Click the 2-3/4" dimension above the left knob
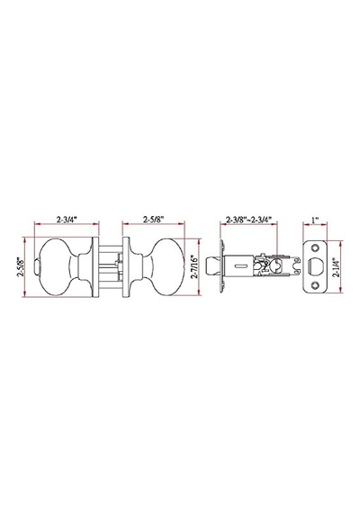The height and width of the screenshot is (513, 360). click(x=67, y=220)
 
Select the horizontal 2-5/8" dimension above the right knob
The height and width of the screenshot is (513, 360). click(x=153, y=220)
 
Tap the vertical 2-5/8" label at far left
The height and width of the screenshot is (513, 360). click(x=21, y=267)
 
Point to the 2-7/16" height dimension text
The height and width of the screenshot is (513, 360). click(x=194, y=267)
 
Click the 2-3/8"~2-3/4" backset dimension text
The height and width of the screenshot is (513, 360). click(x=249, y=220)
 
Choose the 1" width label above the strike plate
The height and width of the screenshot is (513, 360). click(x=315, y=220)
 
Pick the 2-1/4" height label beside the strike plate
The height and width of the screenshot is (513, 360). click(x=336, y=267)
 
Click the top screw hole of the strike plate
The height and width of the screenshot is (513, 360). click(x=316, y=248)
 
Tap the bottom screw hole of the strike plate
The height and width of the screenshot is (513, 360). click(x=316, y=285)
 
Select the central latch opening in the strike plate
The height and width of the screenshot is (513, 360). click(x=316, y=267)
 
